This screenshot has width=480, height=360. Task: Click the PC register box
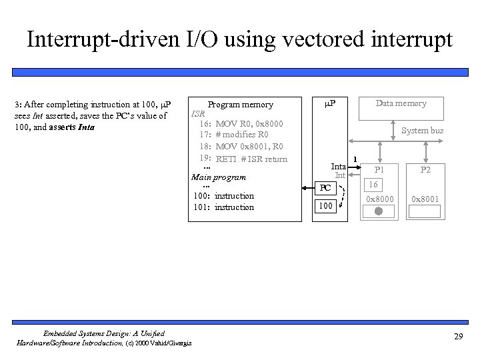pos(325,187)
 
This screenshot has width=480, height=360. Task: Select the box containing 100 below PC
pos(325,206)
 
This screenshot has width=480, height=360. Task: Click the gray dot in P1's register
pos(378,211)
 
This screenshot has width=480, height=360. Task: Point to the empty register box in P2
pos(424,211)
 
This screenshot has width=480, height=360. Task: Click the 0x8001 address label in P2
pos(424,199)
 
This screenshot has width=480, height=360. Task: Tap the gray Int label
pos(339,175)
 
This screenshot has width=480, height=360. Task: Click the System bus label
pos(422,131)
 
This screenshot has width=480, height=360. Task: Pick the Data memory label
pos(401,103)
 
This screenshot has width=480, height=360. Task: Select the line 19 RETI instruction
pos(243,159)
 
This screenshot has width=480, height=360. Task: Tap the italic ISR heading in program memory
pos(198,114)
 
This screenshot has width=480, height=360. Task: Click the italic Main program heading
pos(219,177)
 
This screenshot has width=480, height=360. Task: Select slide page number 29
pos(458,335)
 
